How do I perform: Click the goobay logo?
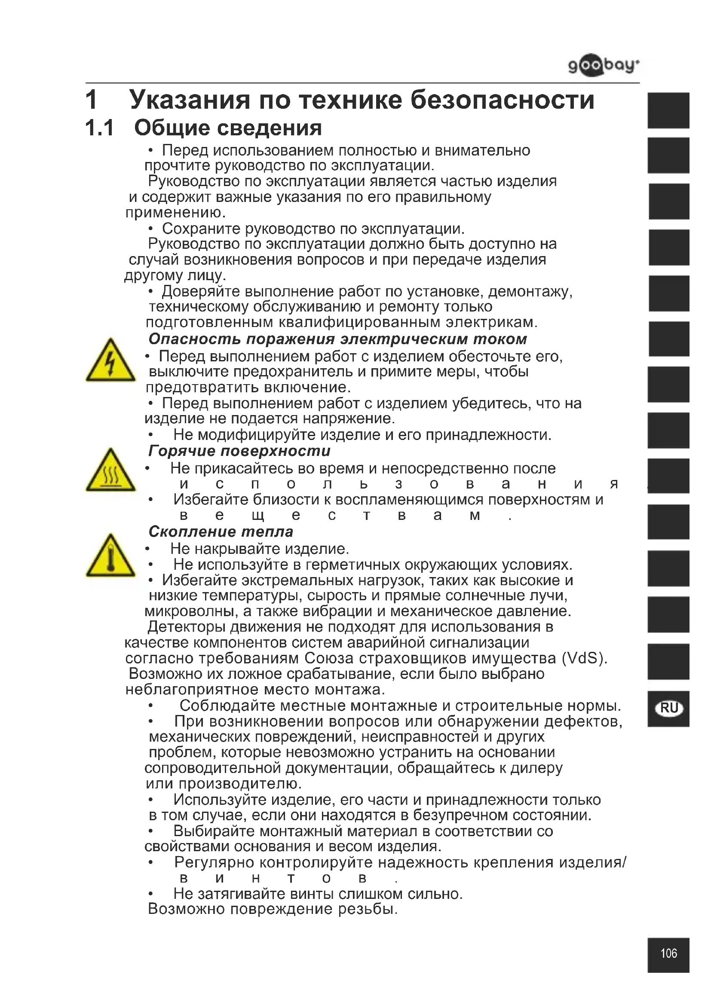(603, 66)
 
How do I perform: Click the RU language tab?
(669, 708)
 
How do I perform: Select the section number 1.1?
(100, 128)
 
